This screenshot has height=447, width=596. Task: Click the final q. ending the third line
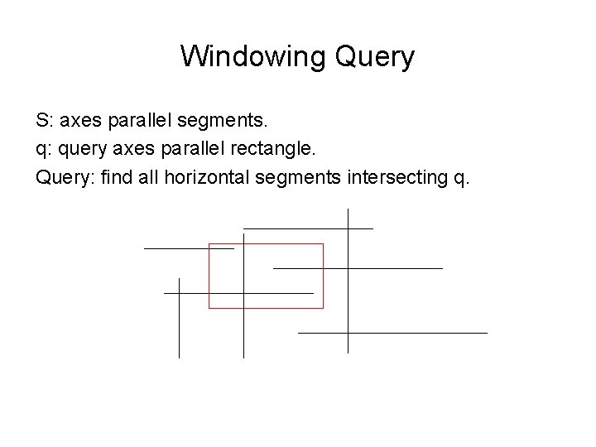tap(461, 175)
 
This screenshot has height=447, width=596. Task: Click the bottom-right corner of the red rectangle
tap(323, 308)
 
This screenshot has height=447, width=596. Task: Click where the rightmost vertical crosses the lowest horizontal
tap(348, 332)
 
